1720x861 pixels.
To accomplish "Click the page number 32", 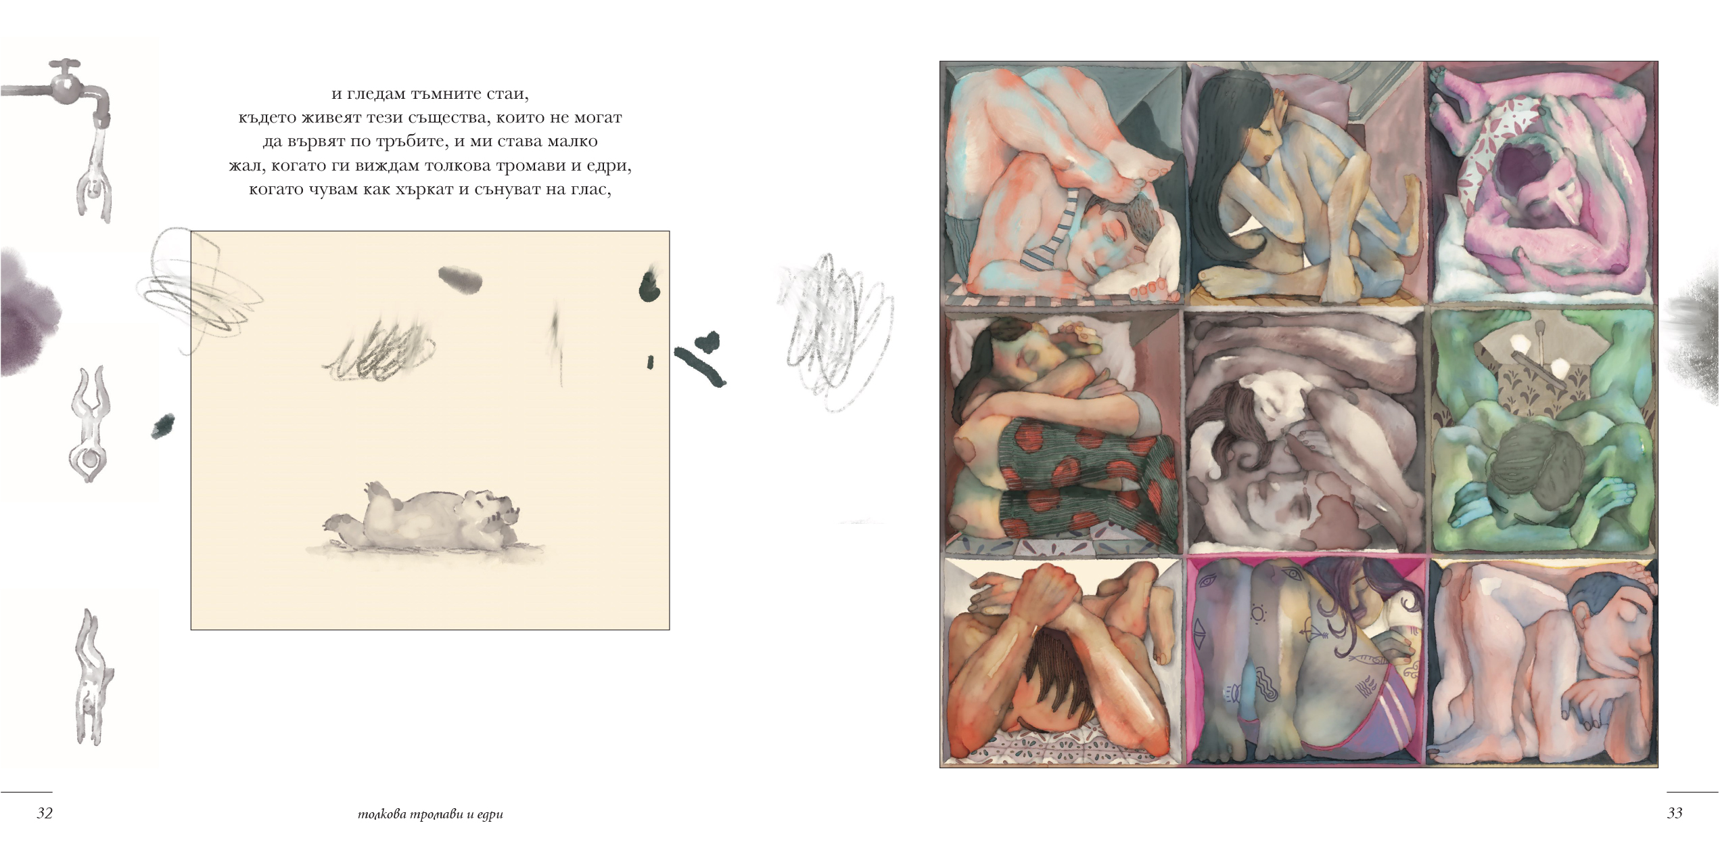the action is click(45, 813).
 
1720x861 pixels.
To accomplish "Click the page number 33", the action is click(1675, 813).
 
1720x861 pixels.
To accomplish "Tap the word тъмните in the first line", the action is click(446, 94).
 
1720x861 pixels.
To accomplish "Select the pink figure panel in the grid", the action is click(1542, 182).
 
